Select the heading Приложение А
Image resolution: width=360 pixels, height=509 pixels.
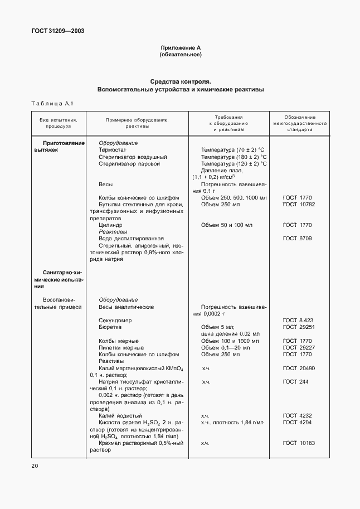pyautogui.click(x=180, y=48)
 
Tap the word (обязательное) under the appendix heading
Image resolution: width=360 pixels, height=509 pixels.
pyautogui.click(x=180, y=55)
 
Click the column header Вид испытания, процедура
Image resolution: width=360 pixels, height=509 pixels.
pyautogui.click(x=55, y=123)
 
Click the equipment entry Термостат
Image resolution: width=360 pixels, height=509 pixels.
pyautogui.click(x=113, y=150)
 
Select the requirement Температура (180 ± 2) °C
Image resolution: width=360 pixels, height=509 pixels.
pyautogui.click(x=233, y=157)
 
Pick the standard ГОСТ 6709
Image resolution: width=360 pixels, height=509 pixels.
pyautogui.click(x=297, y=239)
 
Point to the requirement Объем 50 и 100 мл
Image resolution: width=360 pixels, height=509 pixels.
pyautogui.click(x=226, y=225)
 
